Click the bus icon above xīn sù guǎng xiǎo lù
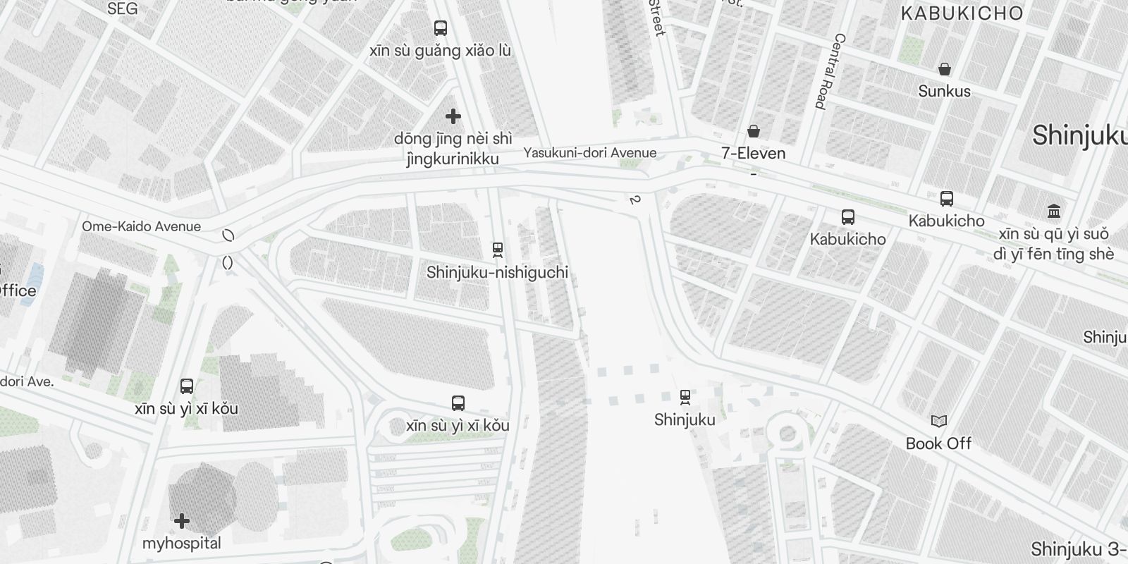coord(441,28)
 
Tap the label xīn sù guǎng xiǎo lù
coord(441,51)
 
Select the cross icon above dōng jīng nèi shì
coord(453,116)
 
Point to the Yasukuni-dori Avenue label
coord(589,153)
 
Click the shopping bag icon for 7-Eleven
coord(754,131)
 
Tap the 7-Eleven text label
coord(753,153)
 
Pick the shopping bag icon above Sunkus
coord(945,69)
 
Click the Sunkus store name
coord(944,92)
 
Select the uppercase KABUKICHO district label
coord(962,13)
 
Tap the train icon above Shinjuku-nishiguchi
coord(498,250)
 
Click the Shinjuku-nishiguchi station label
coord(497,273)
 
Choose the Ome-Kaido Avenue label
coord(141,226)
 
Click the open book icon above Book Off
coord(939,421)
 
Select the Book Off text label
coord(938,443)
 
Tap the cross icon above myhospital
coord(182,521)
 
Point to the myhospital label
coord(182,544)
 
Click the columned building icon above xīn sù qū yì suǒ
coord(1054,211)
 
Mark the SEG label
coord(123,9)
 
